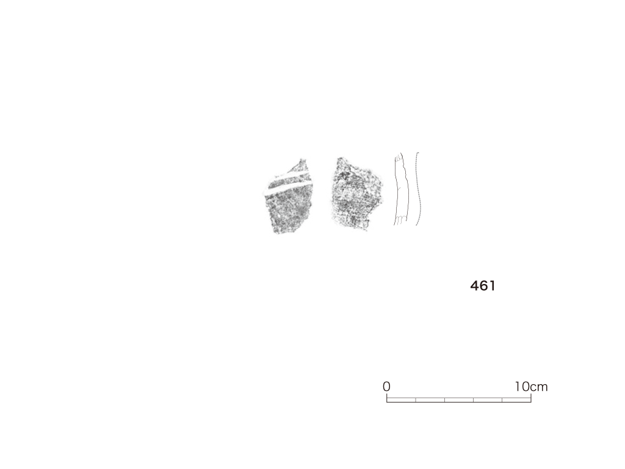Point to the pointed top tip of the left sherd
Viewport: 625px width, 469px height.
pyautogui.click(x=302, y=159)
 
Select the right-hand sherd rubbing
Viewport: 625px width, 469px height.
pyautogui.click(x=356, y=194)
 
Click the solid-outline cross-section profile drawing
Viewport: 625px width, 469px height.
pyautogui.click(x=401, y=189)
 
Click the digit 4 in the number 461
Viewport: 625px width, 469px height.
pyautogui.click(x=474, y=286)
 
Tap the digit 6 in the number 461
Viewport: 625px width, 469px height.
pyautogui.click(x=483, y=286)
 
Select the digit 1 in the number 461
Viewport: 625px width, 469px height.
pyautogui.click(x=492, y=286)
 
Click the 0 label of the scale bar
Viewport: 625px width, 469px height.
pyautogui.click(x=386, y=387)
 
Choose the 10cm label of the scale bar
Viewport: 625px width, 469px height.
pyautogui.click(x=531, y=387)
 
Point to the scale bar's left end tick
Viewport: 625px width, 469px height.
pyautogui.click(x=386, y=398)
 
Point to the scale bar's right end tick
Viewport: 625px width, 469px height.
pyautogui.click(x=531, y=398)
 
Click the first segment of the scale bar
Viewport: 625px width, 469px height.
pyautogui.click(x=401, y=400)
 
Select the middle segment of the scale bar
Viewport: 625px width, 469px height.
pyautogui.click(x=459, y=400)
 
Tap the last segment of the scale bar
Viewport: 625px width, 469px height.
pyautogui.click(x=516, y=400)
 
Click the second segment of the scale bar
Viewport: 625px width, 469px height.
pyautogui.click(x=430, y=400)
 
